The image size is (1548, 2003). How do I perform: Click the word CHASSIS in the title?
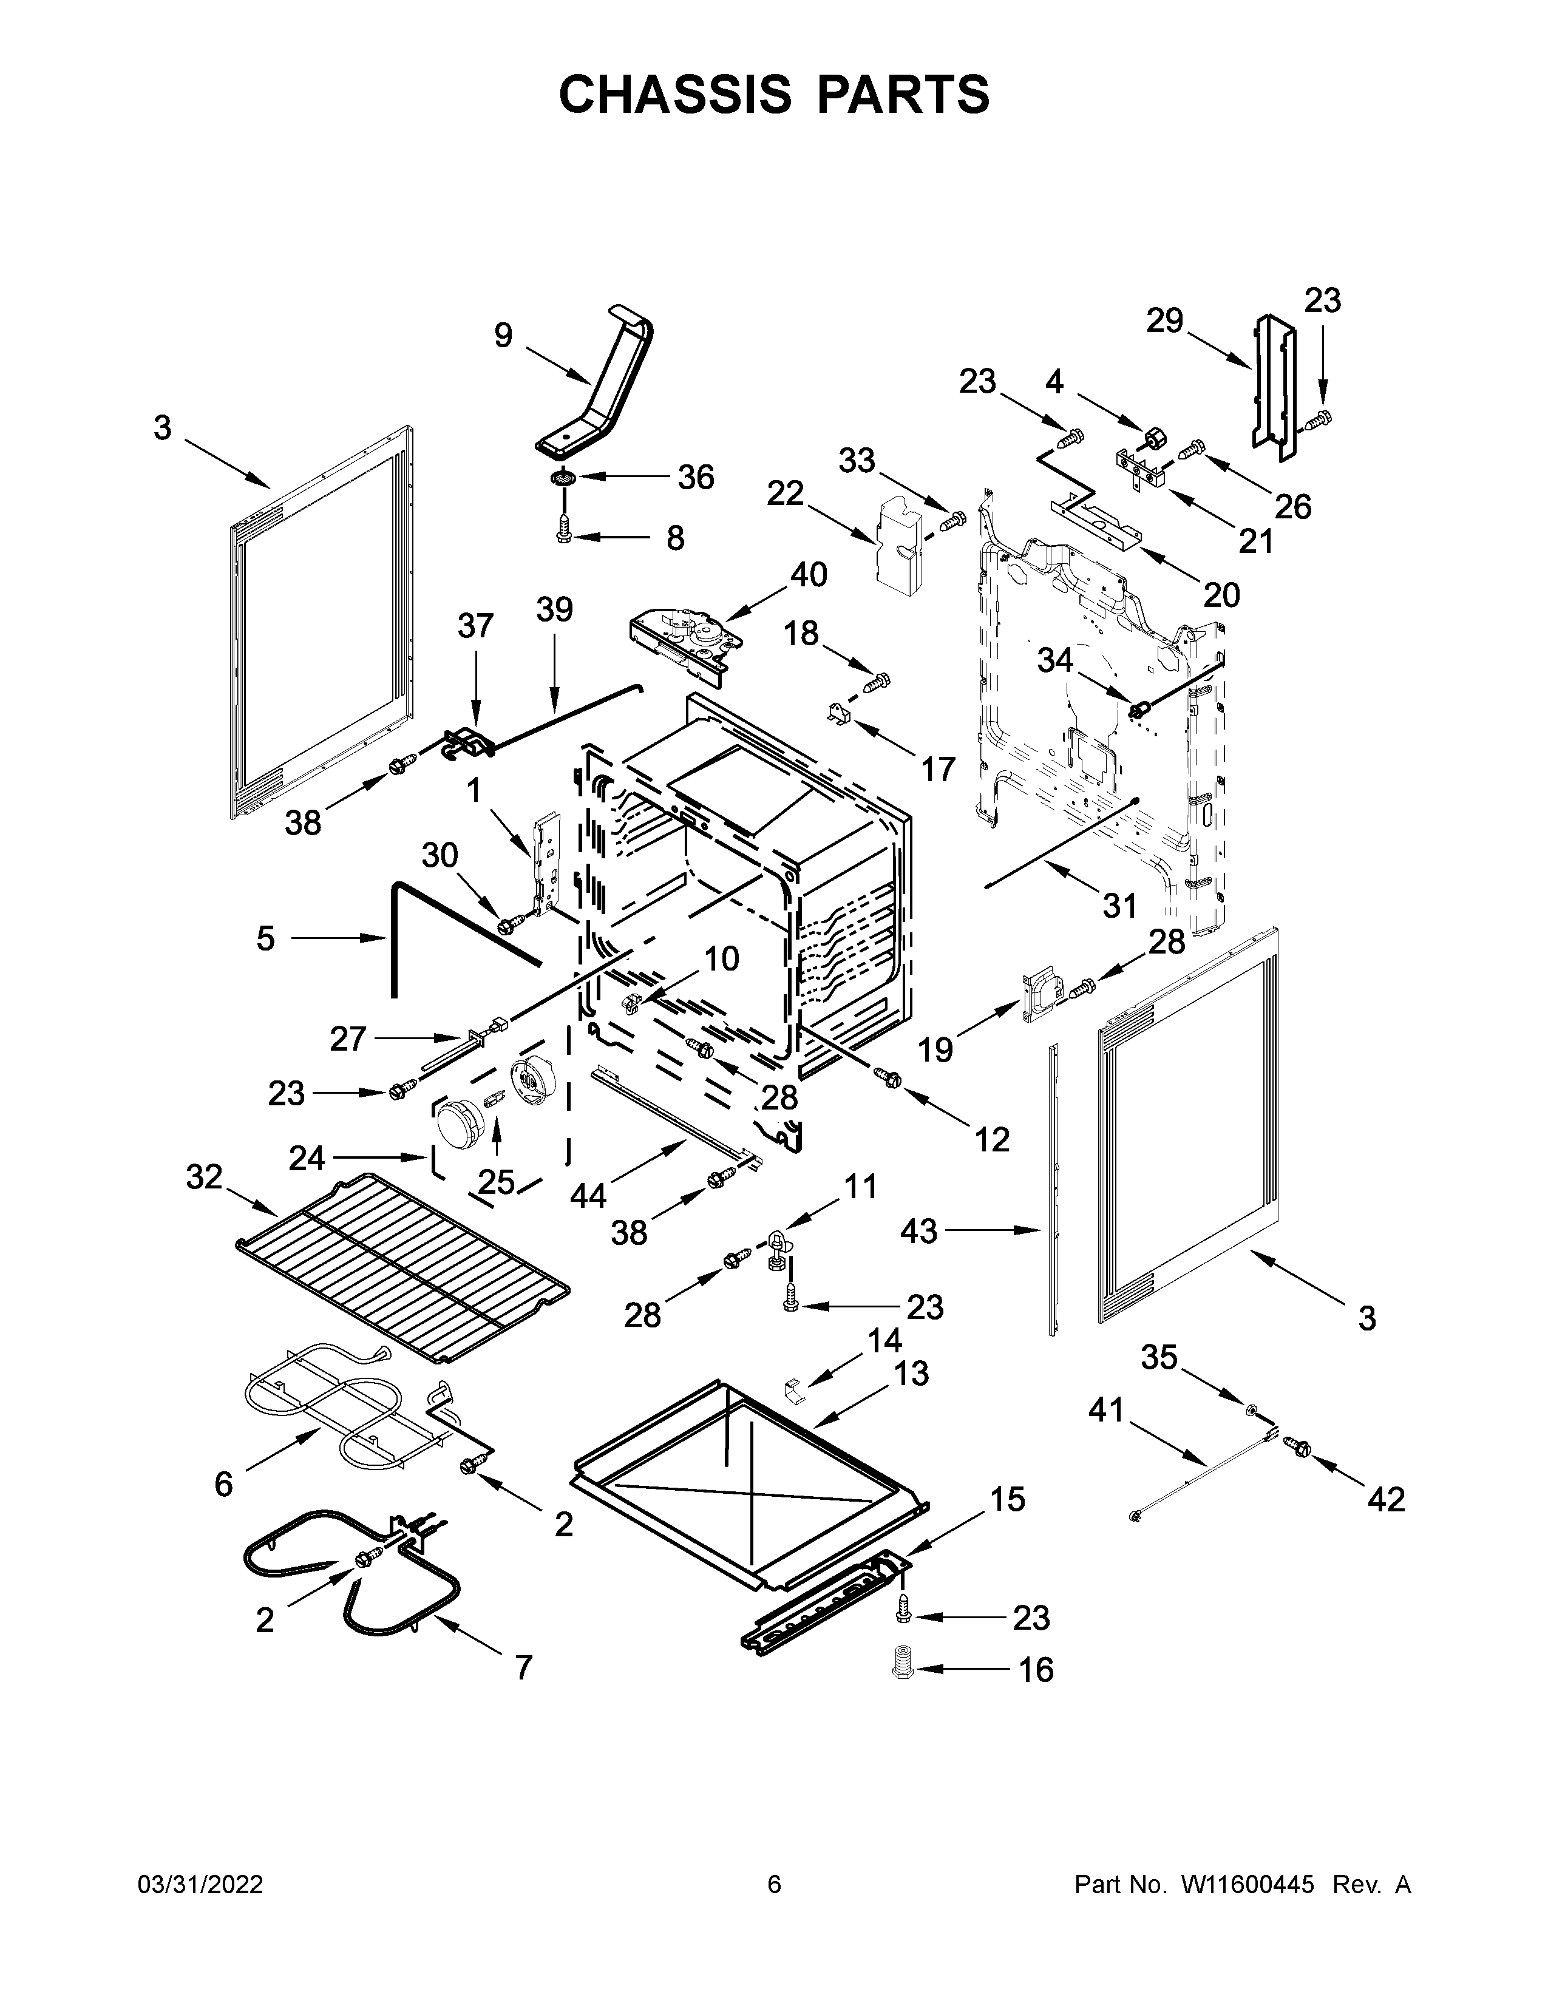675,95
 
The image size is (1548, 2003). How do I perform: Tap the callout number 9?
503,336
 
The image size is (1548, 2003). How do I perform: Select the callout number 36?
694,478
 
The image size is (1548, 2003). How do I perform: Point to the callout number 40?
808,575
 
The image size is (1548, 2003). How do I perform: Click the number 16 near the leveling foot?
1036,1670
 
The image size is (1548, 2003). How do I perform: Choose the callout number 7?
523,1667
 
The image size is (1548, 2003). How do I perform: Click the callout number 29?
1165,321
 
